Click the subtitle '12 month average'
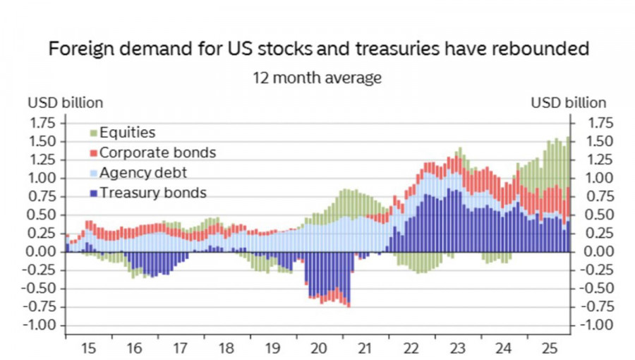pyautogui.click(x=317, y=77)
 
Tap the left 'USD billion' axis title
pyautogui.click(x=65, y=102)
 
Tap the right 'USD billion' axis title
pyautogui.click(x=568, y=102)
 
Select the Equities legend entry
pyautogui.click(x=127, y=133)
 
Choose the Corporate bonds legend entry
pyautogui.click(x=157, y=152)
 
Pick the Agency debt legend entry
pyautogui.click(x=143, y=172)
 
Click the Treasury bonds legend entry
pyautogui.click(x=152, y=192)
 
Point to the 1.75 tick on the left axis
pyautogui.click(x=43, y=122)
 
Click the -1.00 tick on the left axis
pyautogui.click(x=40, y=325)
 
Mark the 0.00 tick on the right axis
pyautogui.click(x=593, y=251)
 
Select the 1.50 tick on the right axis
pyautogui.click(x=593, y=140)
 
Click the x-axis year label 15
pyautogui.click(x=88, y=348)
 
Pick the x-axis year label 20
pyautogui.click(x=319, y=348)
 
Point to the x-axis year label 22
pyautogui.click(x=411, y=348)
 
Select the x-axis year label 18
pyautogui.click(x=226, y=348)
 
